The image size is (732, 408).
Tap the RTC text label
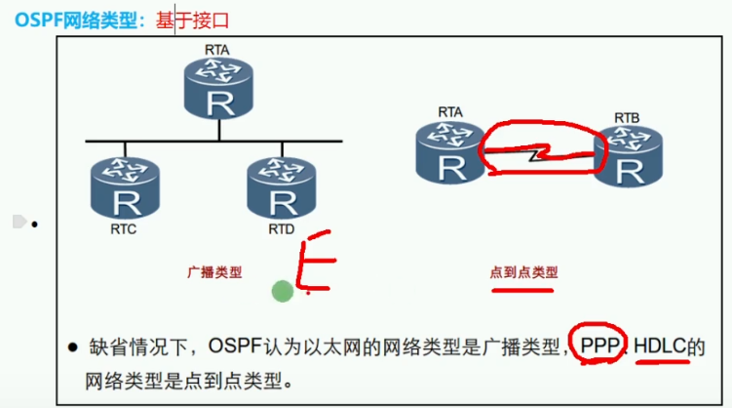(x=125, y=232)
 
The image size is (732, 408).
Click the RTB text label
(x=628, y=118)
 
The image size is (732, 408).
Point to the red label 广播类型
(x=213, y=272)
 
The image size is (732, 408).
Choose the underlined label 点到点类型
(x=524, y=272)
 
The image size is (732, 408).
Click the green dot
(x=283, y=290)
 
